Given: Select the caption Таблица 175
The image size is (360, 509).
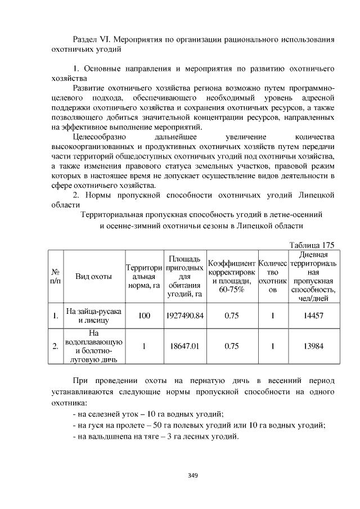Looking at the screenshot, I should click(312, 245).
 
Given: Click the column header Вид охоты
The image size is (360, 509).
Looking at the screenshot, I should click(93, 276).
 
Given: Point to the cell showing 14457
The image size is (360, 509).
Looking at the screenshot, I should click(313, 316).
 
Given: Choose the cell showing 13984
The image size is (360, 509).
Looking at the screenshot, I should click(313, 346).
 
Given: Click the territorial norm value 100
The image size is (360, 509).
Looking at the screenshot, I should click(144, 316).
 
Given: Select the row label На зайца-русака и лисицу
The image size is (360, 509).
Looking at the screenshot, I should click(93, 316).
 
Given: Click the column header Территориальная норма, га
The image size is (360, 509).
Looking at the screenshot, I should click(144, 276).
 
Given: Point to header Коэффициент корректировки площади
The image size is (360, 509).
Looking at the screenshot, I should click(232, 276).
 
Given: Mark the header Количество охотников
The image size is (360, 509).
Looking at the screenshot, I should click(273, 276).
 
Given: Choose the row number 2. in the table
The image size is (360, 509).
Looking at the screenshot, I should click(55, 346).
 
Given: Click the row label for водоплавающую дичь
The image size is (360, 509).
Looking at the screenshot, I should click(93, 346).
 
